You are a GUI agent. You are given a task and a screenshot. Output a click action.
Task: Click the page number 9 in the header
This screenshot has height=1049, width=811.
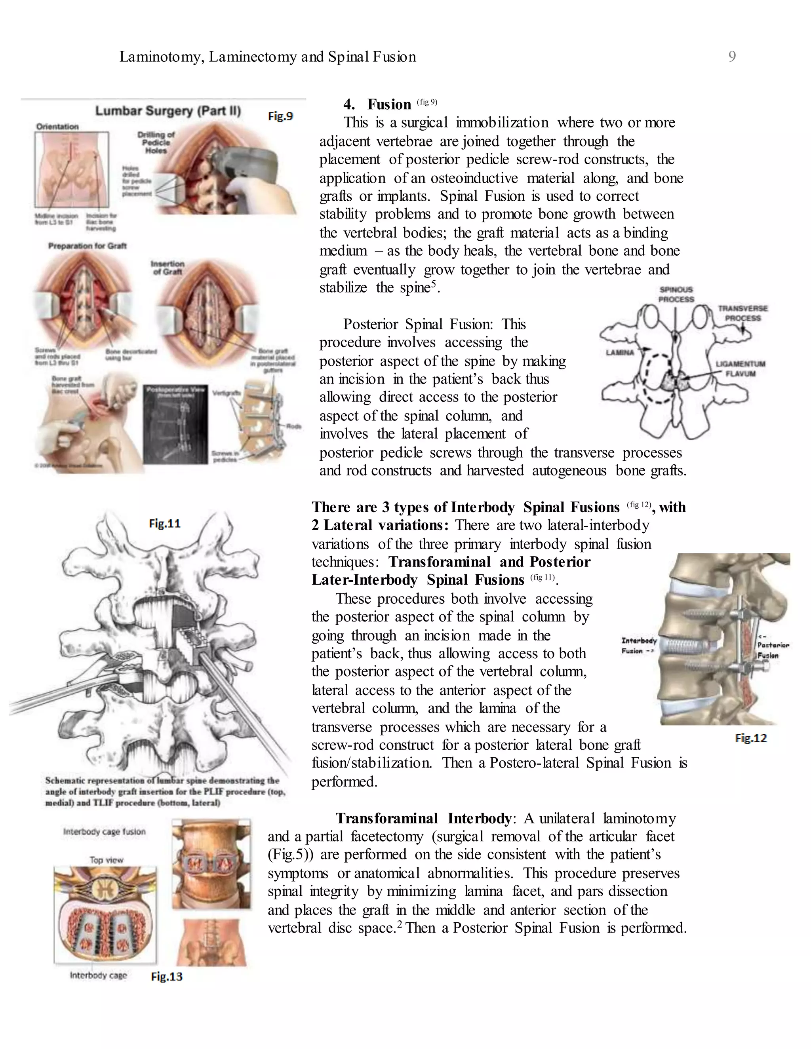point(732,57)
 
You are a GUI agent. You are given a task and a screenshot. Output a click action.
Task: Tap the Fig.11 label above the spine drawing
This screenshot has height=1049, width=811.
point(164,524)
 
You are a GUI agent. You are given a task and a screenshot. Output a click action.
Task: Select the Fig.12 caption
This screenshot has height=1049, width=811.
point(751,738)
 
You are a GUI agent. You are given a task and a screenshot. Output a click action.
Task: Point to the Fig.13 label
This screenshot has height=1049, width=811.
point(167,977)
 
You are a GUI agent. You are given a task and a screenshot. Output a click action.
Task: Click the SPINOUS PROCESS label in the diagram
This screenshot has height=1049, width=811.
point(676,295)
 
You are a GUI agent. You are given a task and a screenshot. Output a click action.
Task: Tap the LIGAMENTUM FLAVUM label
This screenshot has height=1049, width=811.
point(741,369)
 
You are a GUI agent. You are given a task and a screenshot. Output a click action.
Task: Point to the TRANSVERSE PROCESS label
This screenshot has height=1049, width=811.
point(742,313)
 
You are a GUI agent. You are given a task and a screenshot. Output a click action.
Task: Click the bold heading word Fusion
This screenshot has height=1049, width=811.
point(389,104)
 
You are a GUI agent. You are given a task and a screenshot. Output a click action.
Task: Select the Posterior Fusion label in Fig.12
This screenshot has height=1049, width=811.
point(773,650)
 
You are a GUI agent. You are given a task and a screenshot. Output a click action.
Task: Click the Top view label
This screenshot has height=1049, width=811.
point(106,860)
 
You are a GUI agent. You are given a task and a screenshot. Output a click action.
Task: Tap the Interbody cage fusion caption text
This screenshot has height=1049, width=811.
point(104,831)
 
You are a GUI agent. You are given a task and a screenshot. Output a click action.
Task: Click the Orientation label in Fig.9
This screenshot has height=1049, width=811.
point(57,126)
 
